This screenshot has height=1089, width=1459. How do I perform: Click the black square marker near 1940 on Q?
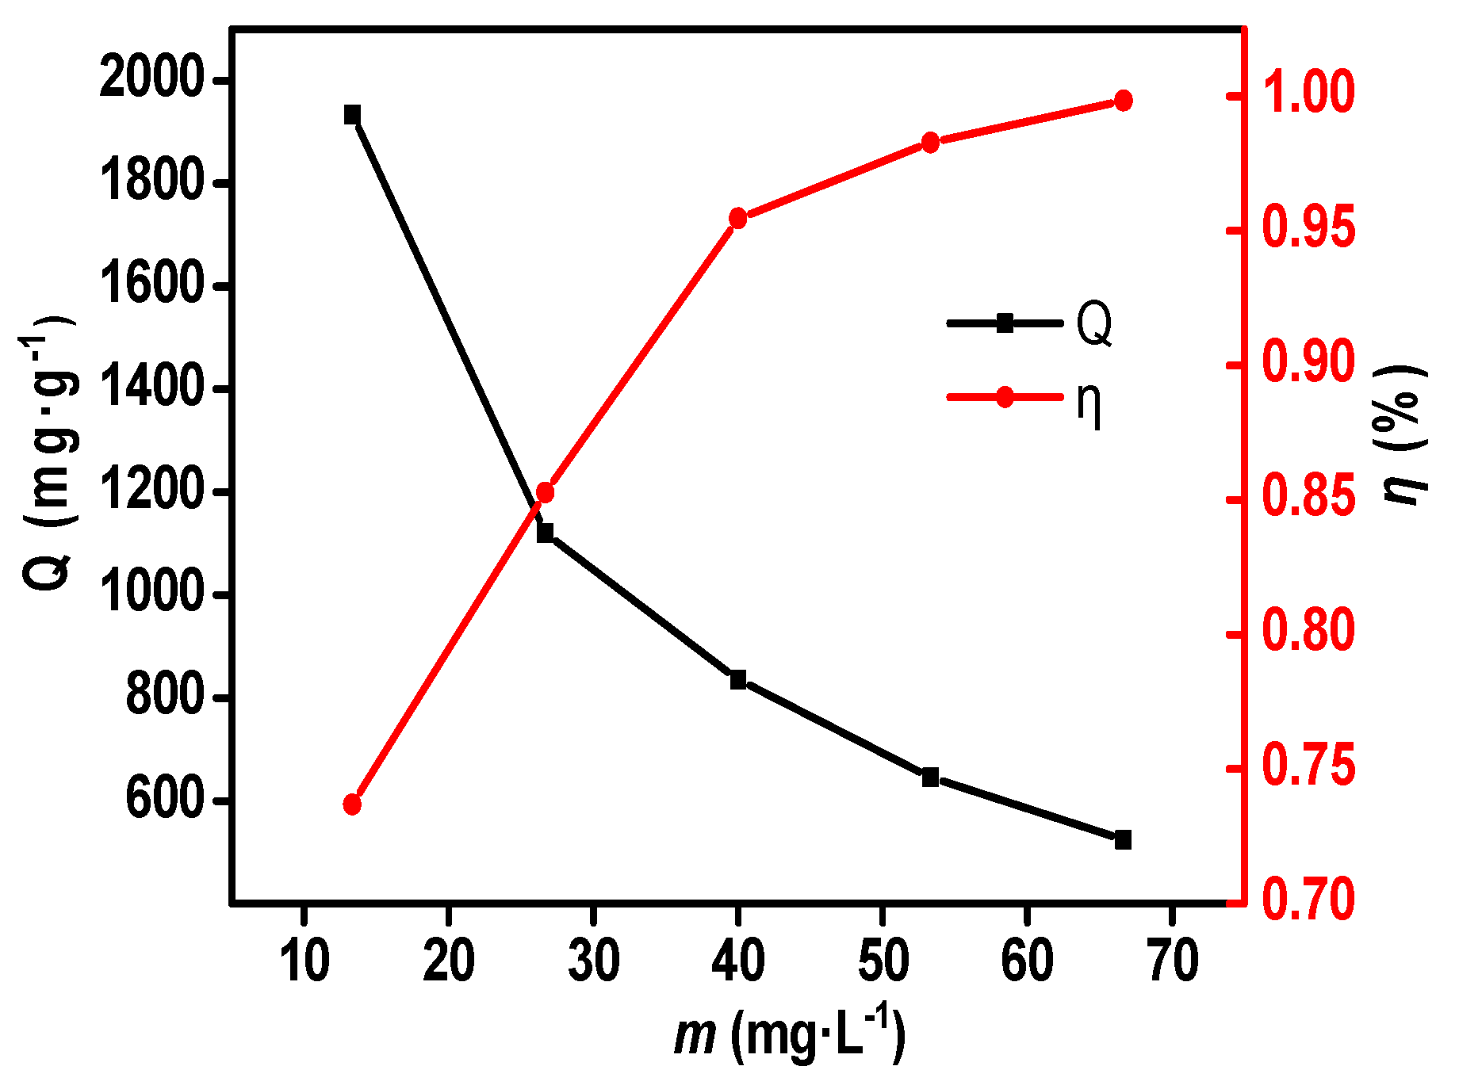coord(352,115)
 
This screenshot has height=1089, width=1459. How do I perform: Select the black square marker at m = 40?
coord(738,679)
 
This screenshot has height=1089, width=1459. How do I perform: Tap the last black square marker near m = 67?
coord(1123,840)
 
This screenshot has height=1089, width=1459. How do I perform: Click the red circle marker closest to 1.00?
coord(1123,101)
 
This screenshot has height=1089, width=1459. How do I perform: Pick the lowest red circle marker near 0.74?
coord(352,804)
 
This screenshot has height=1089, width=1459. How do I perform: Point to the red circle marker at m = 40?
coord(738,218)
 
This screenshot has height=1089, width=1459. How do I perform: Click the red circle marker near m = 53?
coord(931,143)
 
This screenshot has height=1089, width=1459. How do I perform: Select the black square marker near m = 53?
coord(931,777)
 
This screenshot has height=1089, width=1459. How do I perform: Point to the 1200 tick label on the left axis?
coord(151,491)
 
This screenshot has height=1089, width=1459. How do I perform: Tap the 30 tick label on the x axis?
coord(593,961)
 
